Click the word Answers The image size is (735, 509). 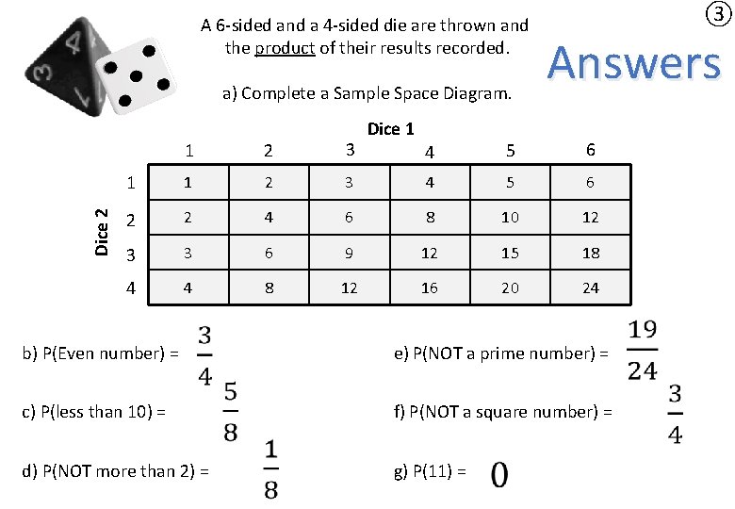coord(633,63)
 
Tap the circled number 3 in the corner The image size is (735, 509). coord(717,14)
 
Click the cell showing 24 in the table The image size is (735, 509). coord(590,288)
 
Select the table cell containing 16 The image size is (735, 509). coord(430,288)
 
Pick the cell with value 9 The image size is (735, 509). coord(349,253)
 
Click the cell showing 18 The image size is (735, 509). coord(590,253)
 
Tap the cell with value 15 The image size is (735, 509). coord(510,253)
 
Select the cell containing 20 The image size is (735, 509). coord(510,288)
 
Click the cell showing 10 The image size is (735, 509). coord(510,217)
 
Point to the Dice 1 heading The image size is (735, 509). coord(390,129)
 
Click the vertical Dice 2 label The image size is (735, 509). coord(103,231)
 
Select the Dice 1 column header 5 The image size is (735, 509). coord(510,150)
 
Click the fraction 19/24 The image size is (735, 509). coord(642,350)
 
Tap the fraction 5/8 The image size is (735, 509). coord(230,411)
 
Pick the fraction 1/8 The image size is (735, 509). coord(270,468)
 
